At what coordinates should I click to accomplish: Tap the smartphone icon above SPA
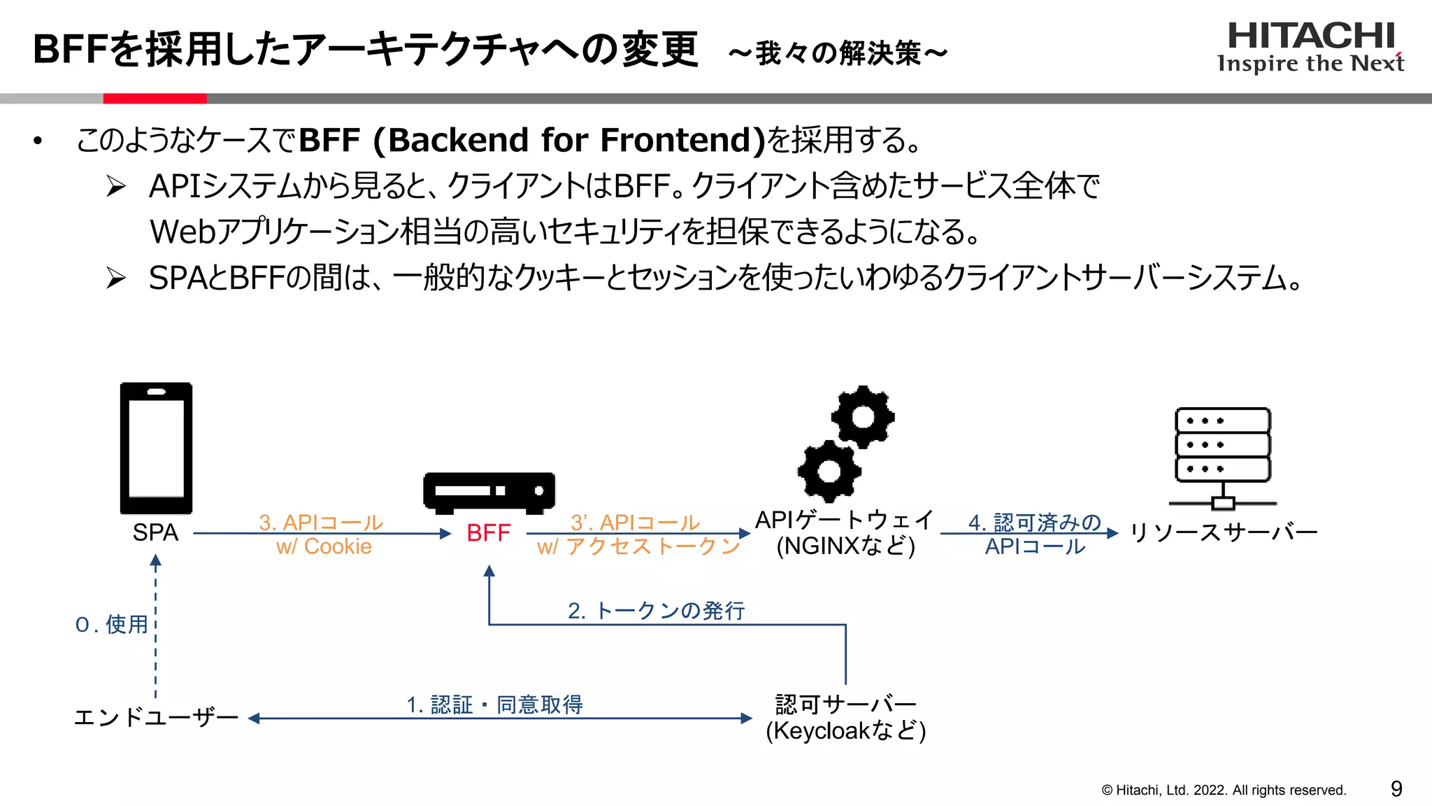(156, 448)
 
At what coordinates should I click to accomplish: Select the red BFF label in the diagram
(488, 533)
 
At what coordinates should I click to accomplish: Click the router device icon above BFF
(489, 490)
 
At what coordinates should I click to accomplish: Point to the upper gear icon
(863, 417)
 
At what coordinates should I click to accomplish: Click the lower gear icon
(829, 471)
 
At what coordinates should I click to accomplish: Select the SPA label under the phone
(155, 532)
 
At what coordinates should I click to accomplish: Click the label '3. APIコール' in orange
(321, 522)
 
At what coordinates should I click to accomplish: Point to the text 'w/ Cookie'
(324, 546)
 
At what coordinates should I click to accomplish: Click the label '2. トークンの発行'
(656, 611)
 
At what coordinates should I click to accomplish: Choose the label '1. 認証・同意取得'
(495, 705)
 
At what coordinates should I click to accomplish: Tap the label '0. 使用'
(112, 624)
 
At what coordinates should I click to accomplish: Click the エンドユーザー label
(156, 717)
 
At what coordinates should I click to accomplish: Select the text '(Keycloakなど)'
(845, 731)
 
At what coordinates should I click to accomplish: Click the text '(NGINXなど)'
(845, 546)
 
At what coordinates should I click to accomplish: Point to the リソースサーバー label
(1223, 533)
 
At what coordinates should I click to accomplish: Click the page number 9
(1396, 789)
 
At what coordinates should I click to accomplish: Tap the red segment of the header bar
(155, 99)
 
